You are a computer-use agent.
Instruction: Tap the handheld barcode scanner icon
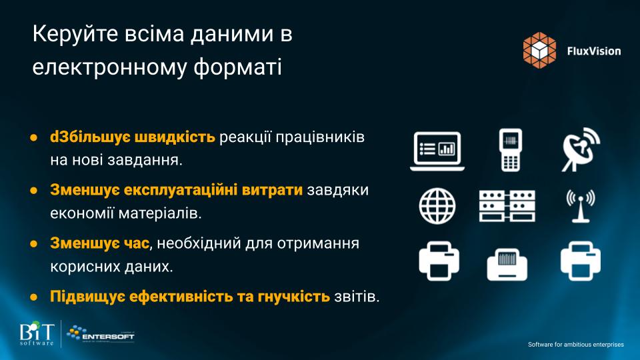(x=510, y=150)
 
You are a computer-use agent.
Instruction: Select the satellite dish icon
(x=581, y=149)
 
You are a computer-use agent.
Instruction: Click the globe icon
(x=437, y=206)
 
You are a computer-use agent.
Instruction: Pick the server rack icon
(x=507, y=206)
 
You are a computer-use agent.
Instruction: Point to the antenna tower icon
(x=581, y=206)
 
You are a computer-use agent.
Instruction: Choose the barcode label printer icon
(x=507, y=264)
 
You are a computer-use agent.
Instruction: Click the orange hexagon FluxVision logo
(x=539, y=50)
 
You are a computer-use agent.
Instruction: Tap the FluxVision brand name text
(x=594, y=51)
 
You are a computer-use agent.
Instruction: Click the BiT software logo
(x=37, y=333)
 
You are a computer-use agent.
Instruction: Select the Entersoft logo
(x=101, y=334)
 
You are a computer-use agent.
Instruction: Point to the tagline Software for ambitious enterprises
(x=576, y=345)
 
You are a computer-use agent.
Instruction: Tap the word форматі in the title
(x=237, y=67)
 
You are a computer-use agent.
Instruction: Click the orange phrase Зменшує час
(x=99, y=243)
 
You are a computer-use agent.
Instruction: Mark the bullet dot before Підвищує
(x=33, y=297)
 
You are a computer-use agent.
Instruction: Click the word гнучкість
(x=293, y=297)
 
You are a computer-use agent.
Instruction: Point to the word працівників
(x=320, y=137)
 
